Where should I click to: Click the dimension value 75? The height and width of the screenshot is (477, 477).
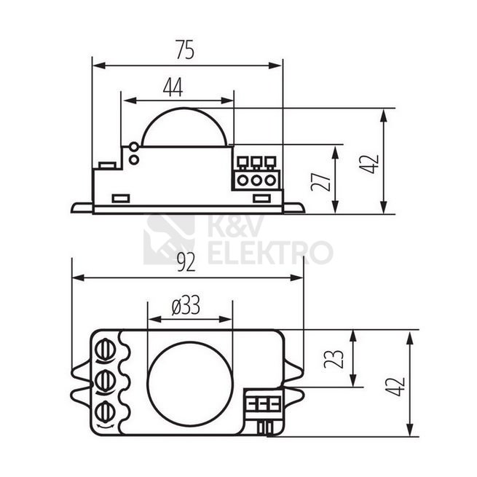(x=185, y=50)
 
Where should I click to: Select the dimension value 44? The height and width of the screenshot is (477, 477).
(x=173, y=87)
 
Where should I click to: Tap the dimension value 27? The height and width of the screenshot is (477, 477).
(x=320, y=181)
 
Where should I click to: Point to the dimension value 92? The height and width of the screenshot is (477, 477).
(x=186, y=262)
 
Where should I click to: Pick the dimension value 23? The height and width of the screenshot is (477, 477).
(x=334, y=359)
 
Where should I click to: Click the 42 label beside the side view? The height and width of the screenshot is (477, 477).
(x=369, y=164)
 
